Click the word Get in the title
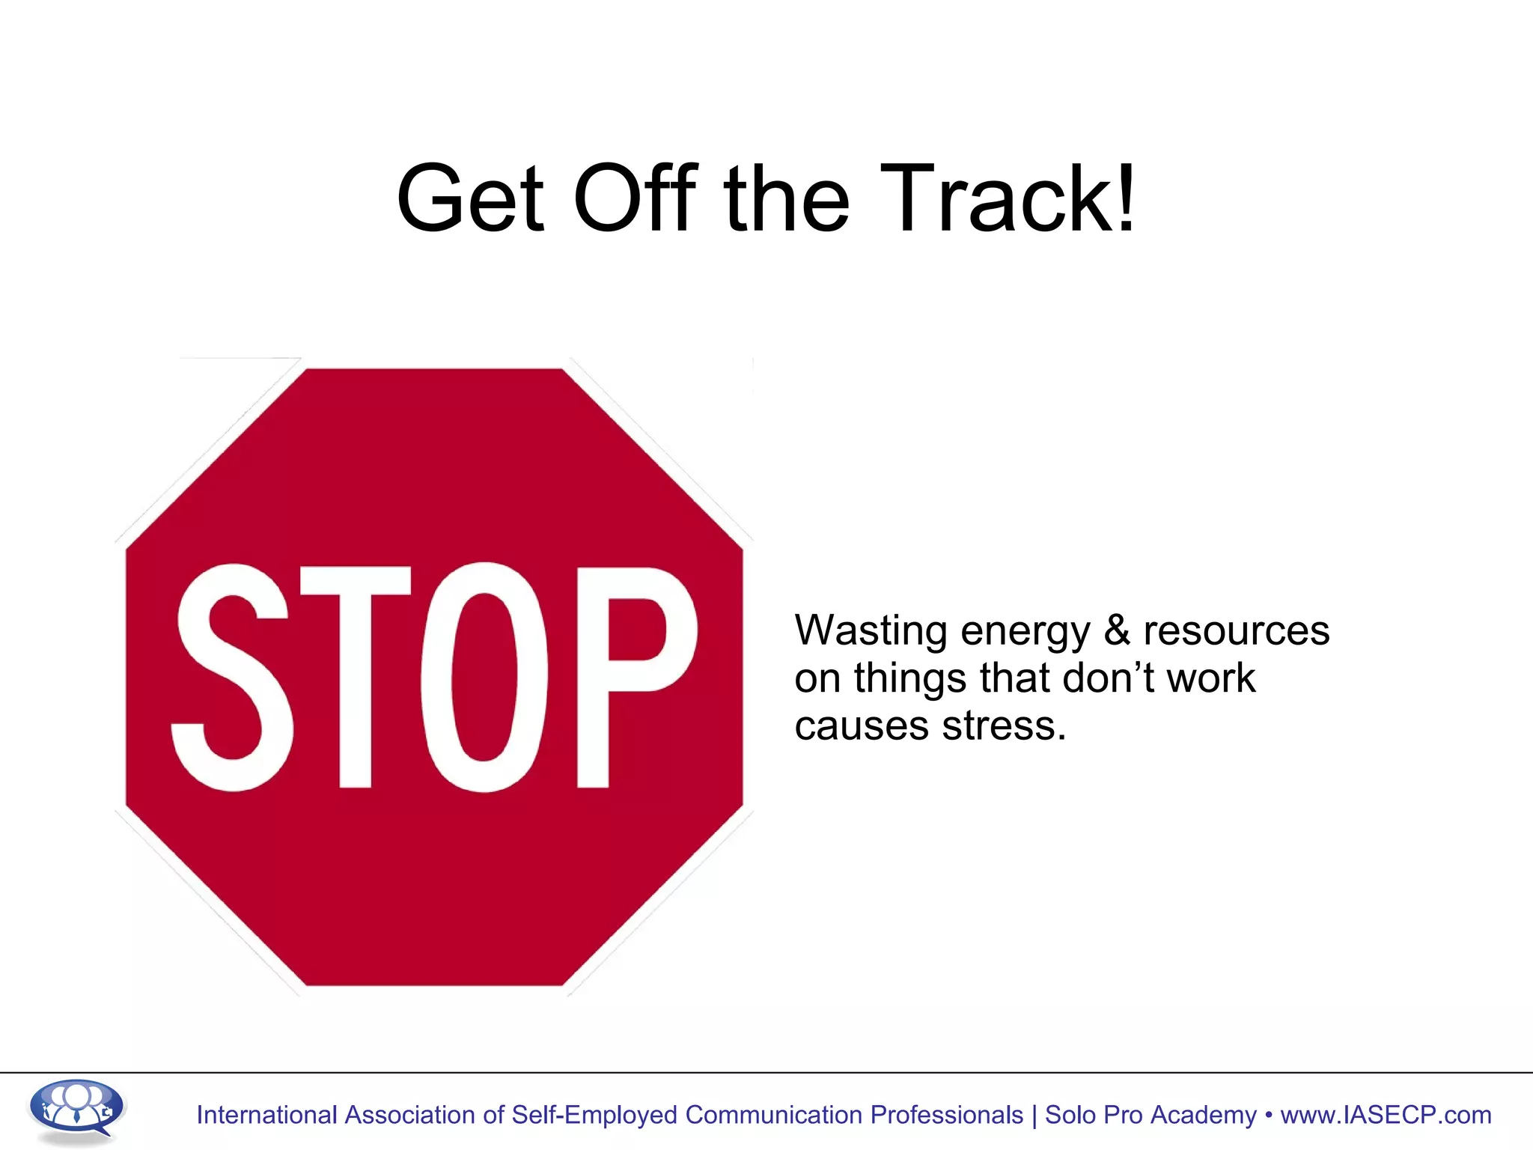tap(470, 198)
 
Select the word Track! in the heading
tap(1008, 198)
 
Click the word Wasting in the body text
tap(871, 631)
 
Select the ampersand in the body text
tap(1117, 630)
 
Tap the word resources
tap(1237, 631)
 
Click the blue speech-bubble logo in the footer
tap(76, 1110)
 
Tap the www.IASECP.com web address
tap(1386, 1115)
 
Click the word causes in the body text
tap(862, 726)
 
